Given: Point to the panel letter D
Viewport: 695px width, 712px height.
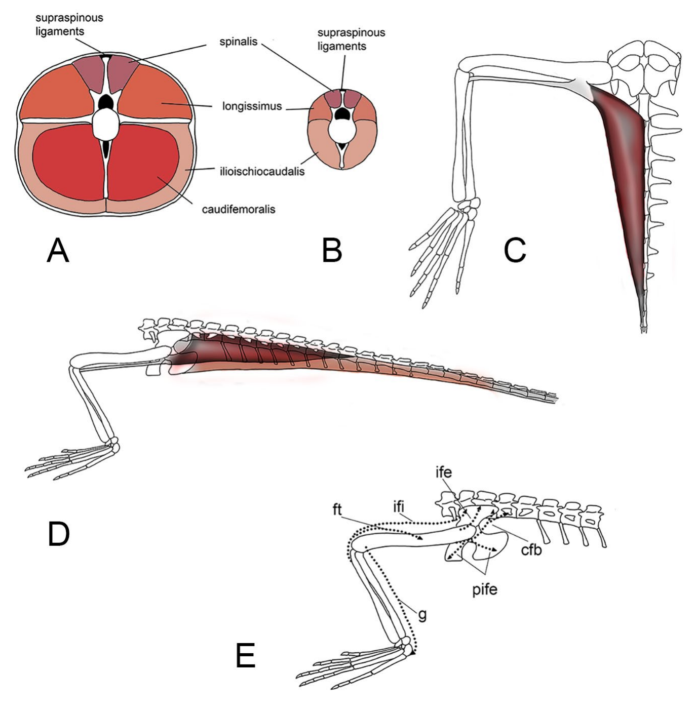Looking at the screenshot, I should pos(58,534).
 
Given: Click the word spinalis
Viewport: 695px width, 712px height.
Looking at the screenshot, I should pos(238,42).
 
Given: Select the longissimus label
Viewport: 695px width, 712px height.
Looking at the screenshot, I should pos(252,106).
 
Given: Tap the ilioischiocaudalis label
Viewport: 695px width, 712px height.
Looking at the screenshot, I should pos(262,171).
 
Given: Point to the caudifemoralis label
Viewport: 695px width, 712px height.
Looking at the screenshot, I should pos(238,209).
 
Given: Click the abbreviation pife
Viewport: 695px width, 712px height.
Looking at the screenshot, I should pos(485,589).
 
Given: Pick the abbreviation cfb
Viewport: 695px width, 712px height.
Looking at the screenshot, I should pos(531,549).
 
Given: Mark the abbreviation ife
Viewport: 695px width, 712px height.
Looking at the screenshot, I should pos(443,472).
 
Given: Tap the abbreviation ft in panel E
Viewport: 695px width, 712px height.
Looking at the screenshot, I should pos(337,509).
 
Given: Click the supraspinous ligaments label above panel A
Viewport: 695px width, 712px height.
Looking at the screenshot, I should pos(69,24).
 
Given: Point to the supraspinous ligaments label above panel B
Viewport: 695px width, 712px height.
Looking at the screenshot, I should pos(351,39).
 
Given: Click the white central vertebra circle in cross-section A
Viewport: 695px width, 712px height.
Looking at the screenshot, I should pos(106,124).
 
